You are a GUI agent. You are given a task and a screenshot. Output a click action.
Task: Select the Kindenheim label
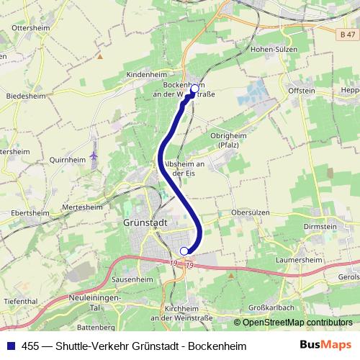(146, 74)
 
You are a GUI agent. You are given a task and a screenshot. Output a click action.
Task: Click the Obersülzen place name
(250, 213)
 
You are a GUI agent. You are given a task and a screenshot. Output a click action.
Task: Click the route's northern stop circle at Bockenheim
(194, 89)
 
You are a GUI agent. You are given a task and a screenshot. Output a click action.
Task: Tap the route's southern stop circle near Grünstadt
(184, 251)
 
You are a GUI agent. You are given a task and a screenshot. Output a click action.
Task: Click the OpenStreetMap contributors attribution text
(297, 322)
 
